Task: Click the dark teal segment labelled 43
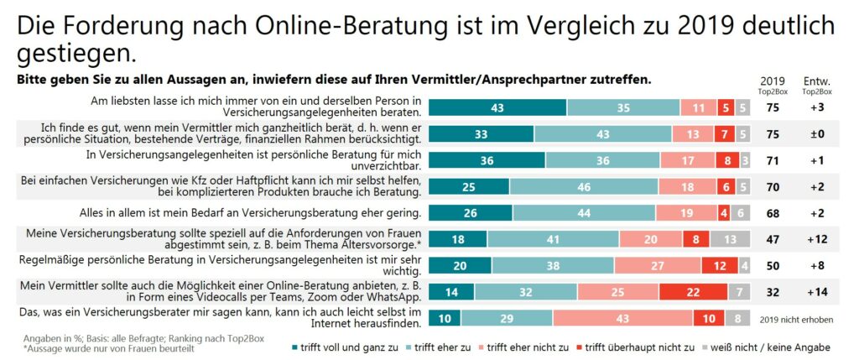(497, 107)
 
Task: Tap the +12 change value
(816, 239)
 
